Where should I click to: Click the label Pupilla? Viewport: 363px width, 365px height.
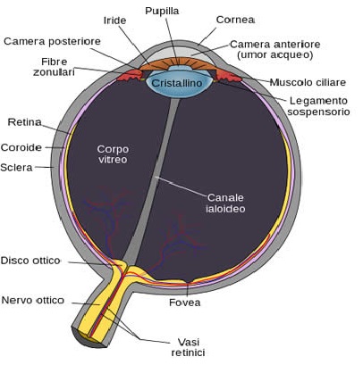162,12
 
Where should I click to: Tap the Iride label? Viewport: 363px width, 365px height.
114,21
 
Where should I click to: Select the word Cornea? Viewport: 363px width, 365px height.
235,20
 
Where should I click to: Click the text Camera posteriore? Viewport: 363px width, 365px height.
52,41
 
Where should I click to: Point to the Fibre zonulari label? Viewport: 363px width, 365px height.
54,67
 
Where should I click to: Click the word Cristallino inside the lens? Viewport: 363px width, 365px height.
177,83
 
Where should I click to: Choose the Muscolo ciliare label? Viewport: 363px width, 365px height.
308,82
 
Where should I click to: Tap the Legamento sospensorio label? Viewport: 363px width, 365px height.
318,106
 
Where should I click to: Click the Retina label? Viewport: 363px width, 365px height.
24,122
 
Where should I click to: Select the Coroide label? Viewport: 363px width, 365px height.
21,147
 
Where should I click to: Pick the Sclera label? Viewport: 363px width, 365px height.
16,168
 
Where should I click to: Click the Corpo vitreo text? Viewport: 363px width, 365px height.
113,154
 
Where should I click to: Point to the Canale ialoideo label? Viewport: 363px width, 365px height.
225,203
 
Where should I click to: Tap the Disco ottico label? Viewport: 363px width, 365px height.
30,261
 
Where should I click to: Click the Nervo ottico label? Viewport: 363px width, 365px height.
33,300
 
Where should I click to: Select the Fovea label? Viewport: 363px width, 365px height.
185,303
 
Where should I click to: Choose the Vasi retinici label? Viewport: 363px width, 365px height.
188,347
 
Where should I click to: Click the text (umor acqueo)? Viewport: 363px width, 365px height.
275,55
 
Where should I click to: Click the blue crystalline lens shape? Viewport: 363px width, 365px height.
179,83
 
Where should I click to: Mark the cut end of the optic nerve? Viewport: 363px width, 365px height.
89,338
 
